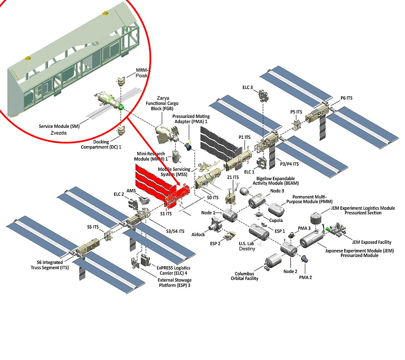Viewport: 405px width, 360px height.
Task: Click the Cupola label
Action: (x=276, y=220)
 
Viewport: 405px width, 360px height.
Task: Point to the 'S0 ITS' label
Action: (x=212, y=197)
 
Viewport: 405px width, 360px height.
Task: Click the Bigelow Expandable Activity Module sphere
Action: (x=245, y=190)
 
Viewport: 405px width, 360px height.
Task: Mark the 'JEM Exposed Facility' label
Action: (x=371, y=242)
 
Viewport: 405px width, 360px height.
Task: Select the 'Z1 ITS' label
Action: (x=233, y=177)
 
